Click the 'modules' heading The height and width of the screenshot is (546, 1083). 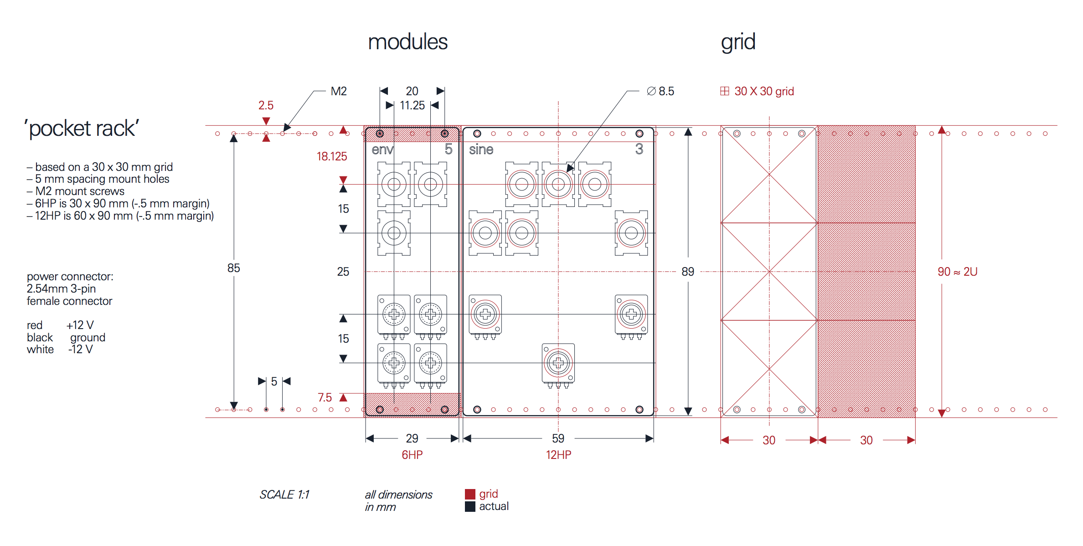tap(407, 42)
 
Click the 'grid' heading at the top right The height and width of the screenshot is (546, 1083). tap(738, 43)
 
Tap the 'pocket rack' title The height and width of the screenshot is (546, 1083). tap(82, 129)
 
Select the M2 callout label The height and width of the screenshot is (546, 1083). tap(339, 91)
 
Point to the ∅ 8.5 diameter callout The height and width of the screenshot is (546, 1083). tap(660, 91)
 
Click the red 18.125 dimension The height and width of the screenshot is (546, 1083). tap(332, 156)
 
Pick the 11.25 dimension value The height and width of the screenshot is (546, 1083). tap(412, 105)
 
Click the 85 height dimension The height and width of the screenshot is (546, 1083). tap(233, 268)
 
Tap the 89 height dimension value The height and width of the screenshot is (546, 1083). tap(688, 272)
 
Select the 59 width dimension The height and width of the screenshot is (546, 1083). tap(558, 438)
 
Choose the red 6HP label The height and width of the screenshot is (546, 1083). tap(412, 455)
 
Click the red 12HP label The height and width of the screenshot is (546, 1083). tap(558, 455)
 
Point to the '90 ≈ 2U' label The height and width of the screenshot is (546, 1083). tap(957, 272)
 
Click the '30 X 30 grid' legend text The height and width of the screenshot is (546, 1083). tap(764, 91)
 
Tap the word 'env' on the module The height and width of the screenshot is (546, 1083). tap(382, 149)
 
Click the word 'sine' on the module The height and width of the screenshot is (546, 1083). tap(481, 149)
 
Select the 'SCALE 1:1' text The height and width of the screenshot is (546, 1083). tap(284, 494)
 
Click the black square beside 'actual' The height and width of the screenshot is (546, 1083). tap(470, 507)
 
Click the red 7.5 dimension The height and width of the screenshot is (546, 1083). tap(325, 397)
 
